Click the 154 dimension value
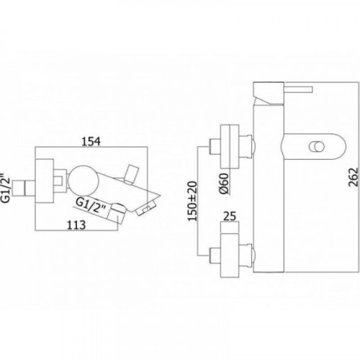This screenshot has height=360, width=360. pos(91,141)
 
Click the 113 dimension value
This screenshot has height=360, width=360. pos(76,225)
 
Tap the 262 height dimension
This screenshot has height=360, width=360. pos(353,177)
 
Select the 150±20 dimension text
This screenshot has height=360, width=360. pos(192,201)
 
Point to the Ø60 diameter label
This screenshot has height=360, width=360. pos(224,184)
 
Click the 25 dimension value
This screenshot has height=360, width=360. pos(230,216)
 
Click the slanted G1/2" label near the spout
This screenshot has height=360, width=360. pos(91,205)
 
